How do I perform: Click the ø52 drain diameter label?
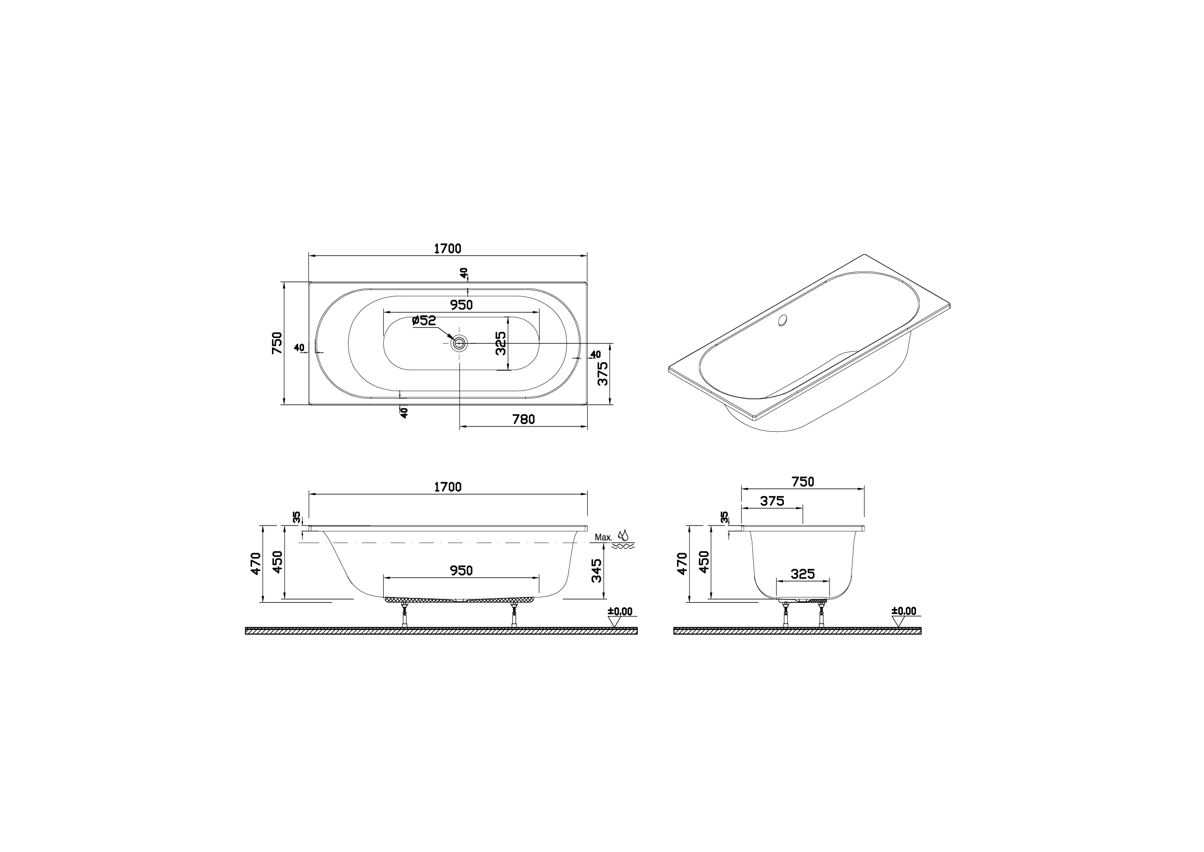click(424, 320)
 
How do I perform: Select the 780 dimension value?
click(523, 419)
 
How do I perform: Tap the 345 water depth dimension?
click(596, 570)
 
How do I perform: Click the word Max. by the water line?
click(603, 538)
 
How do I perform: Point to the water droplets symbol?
click(623, 535)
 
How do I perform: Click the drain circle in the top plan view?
click(459, 343)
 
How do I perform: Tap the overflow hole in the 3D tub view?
click(783, 320)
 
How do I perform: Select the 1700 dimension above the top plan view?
click(447, 249)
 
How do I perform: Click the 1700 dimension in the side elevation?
click(447, 487)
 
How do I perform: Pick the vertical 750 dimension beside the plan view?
click(277, 343)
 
